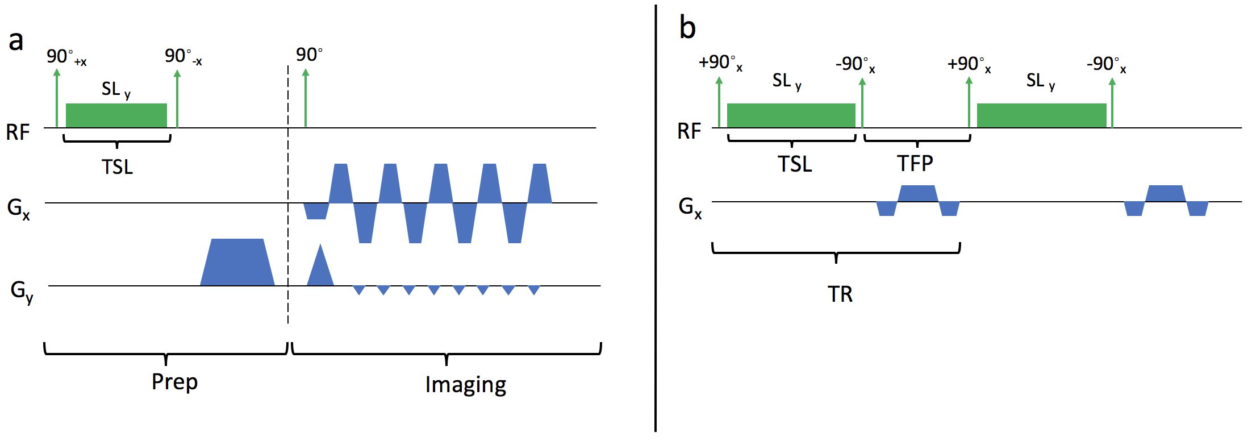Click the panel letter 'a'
(16, 41)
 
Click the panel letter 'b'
(687, 28)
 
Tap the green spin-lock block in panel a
(116, 115)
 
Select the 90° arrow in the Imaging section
(306, 97)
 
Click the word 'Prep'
(174, 382)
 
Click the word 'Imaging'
(465, 385)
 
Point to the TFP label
(915, 164)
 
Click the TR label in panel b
(840, 294)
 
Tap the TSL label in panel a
(117, 167)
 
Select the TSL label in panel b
(794, 164)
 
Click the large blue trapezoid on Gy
(237, 263)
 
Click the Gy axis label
(22, 291)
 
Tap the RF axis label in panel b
(689, 131)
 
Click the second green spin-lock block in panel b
(1041, 115)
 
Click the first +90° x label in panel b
(720, 63)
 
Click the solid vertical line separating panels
(656, 227)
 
